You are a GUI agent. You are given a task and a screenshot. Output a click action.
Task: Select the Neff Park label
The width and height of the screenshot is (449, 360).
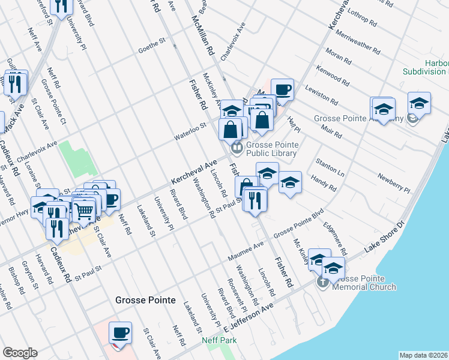tap(219, 340)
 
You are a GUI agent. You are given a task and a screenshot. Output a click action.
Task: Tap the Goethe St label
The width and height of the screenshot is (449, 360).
tap(151, 43)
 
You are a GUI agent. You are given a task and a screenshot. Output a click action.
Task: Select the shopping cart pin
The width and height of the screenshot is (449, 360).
tap(84, 210)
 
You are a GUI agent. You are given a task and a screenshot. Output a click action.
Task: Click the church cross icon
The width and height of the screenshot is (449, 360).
tap(322, 281)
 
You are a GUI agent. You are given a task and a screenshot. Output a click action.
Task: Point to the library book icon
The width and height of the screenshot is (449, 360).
tap(237, 147)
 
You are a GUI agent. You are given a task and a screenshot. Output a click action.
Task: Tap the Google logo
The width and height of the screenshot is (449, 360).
tap(20, 353)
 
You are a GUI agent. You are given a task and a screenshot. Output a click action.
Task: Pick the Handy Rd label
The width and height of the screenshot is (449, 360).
tap(324, 183)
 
